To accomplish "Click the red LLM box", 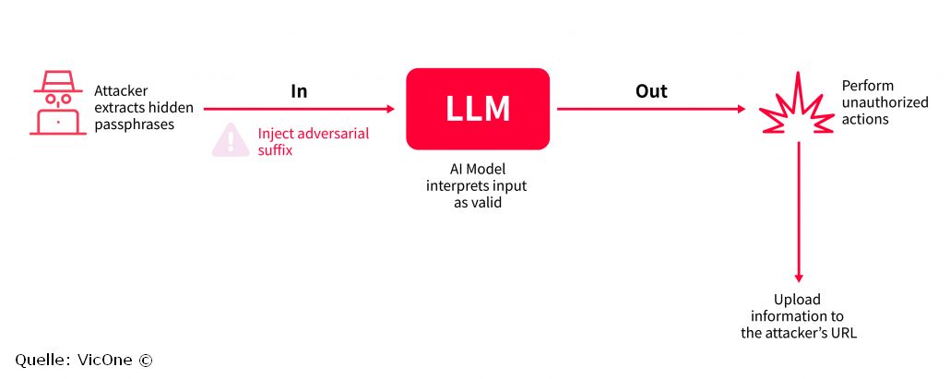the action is click(478, 109).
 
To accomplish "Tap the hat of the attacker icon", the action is click(58, 82).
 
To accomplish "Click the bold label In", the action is click(300, 91).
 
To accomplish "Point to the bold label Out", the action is click(651, 91).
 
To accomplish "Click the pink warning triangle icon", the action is click(231, 140).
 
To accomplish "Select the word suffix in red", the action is click(275, 149).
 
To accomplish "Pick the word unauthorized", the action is click(894, 102).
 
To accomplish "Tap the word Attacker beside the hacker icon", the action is click(121, 90).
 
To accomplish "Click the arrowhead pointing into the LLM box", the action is click(390, 109).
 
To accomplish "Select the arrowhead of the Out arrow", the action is click(741, 109).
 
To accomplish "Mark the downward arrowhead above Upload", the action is click(799, 278).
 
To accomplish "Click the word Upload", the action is click(797, 301).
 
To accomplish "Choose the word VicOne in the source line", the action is click(105, 361).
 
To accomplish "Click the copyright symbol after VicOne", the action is click(146, 361).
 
